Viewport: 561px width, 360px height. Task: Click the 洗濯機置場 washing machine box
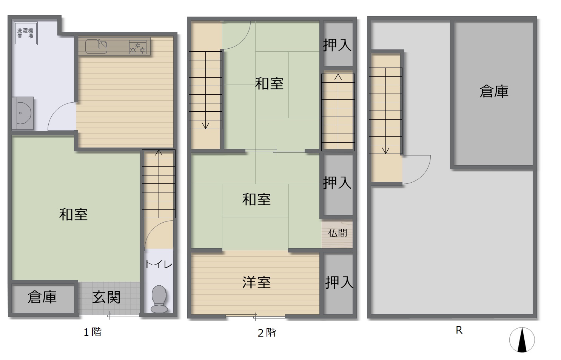tap(26, 34)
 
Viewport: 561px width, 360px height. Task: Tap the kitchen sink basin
tap(96, 46)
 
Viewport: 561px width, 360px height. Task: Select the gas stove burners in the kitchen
tap(138, 47)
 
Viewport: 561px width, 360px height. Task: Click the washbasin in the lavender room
tap(23, 113)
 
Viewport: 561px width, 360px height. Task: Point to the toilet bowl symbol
tap(159, 299)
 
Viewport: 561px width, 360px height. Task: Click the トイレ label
tap(159, 265)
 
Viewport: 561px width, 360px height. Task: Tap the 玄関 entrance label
tap(106, 297)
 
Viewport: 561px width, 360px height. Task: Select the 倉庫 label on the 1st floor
tap(42, 297)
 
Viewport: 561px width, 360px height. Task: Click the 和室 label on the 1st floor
tap(73, 215)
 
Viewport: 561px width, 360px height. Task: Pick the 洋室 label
tap(256, 282)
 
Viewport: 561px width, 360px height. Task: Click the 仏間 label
tap(338, 233)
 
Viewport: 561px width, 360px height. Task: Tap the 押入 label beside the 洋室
tap(339, 282)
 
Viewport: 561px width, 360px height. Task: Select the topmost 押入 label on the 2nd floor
tap(337, 45)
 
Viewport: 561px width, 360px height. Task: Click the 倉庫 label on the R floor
tap(494, 91)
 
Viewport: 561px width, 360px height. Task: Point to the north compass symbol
tap(522, 340)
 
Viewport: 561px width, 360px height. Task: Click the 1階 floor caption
tap(92, 332)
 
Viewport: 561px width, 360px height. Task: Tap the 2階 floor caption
tap(267, 333)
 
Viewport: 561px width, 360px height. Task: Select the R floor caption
tap(459, 330)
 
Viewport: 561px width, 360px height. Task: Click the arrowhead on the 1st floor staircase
tap(159, 152)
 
